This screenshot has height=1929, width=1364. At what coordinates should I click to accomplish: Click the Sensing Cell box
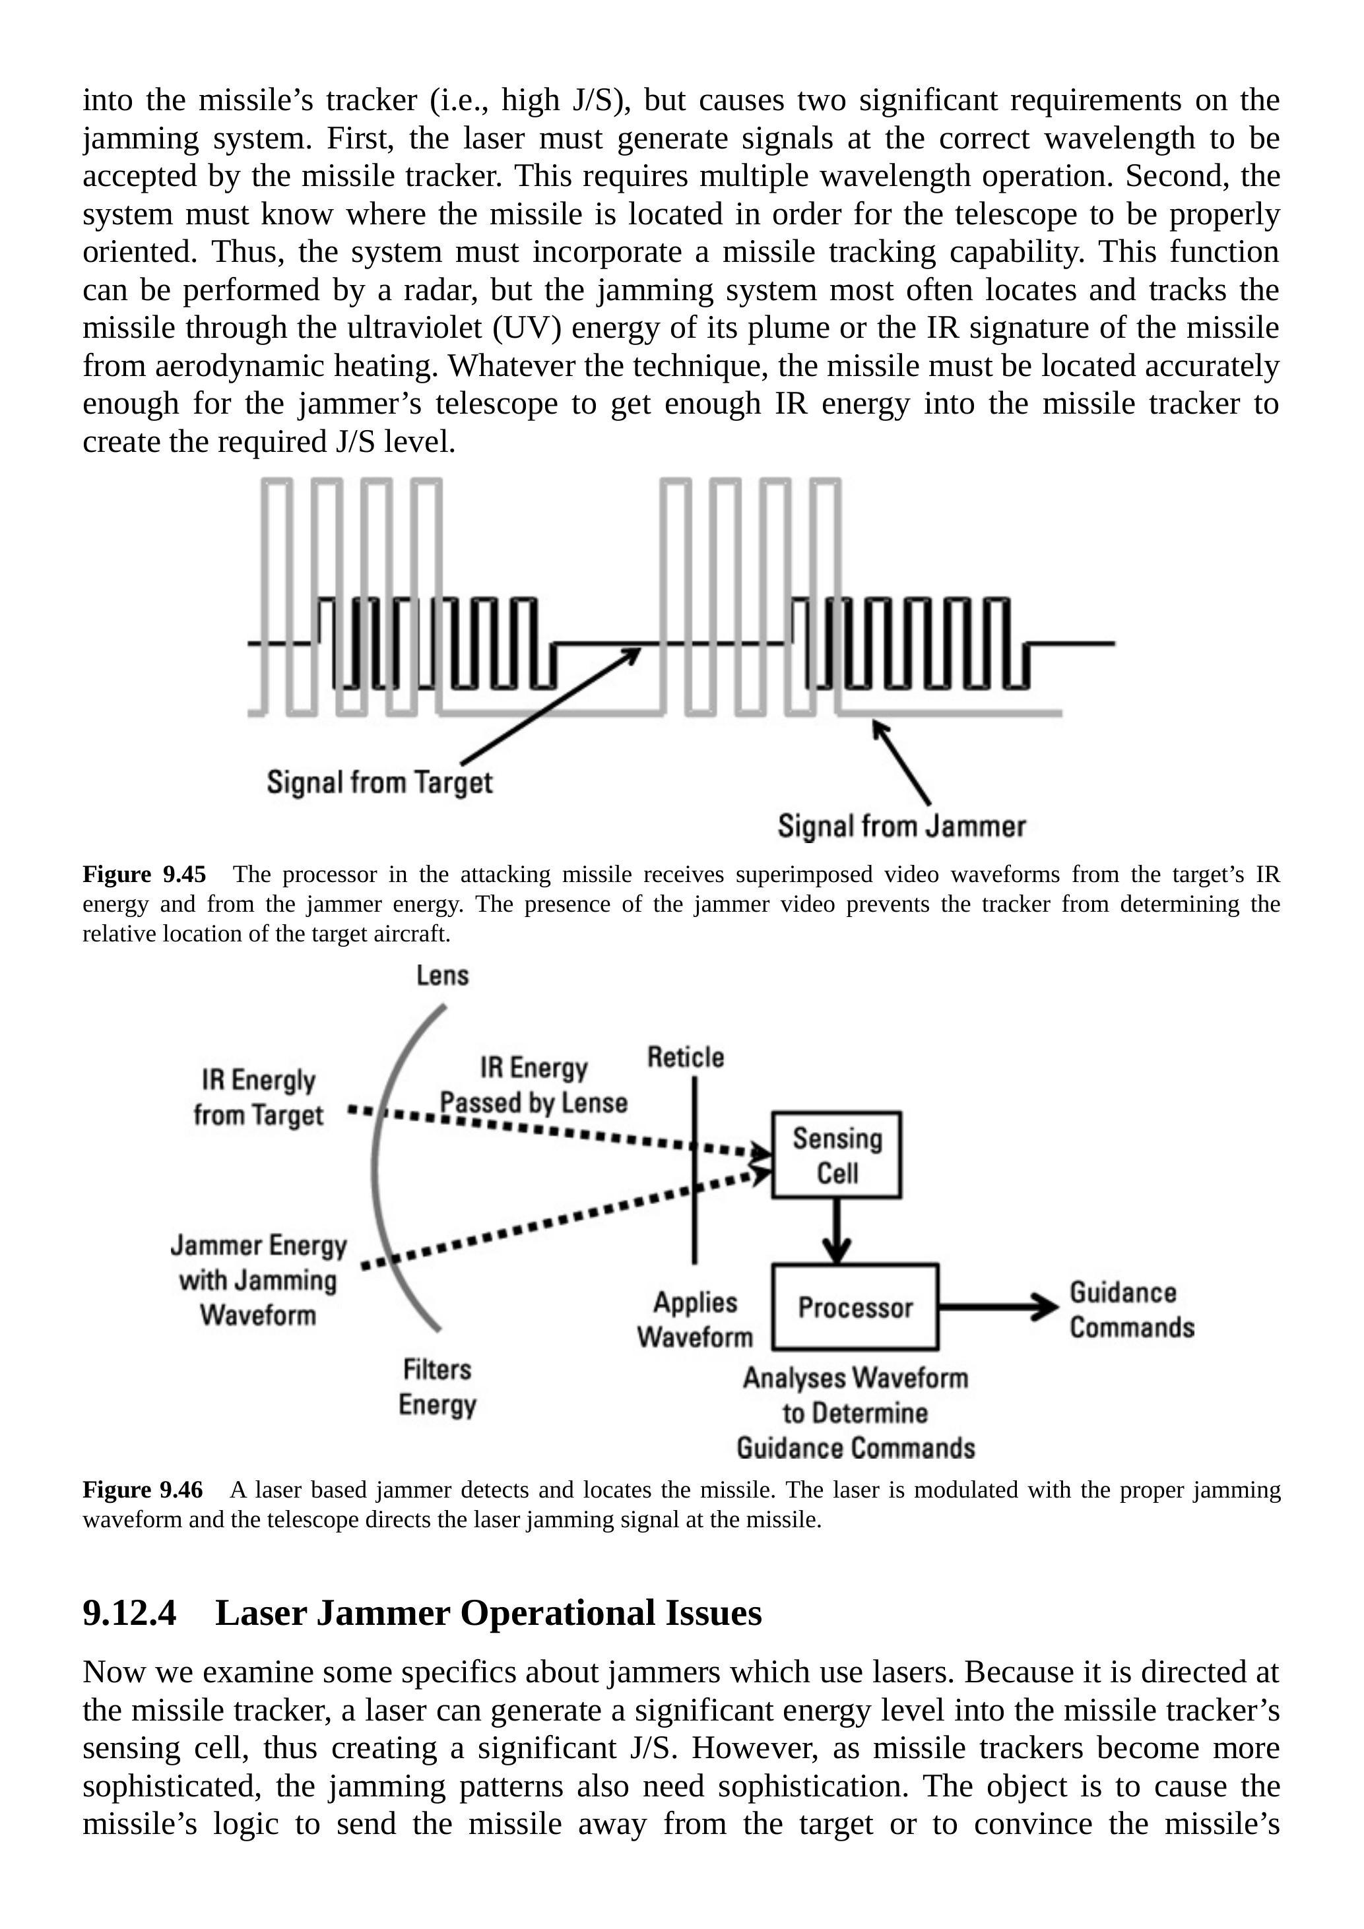click(836, 1154)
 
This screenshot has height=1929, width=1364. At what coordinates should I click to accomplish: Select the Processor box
click(855, 1308)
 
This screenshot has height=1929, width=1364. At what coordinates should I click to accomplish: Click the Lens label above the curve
click(443, 976)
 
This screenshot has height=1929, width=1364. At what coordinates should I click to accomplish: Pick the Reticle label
click(685, 1057)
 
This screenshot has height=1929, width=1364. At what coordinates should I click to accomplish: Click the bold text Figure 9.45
click(144, 875)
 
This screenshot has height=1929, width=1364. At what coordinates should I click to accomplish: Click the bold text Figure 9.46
click(143, 1490)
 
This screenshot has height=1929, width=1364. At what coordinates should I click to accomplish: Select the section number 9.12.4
click(129, 1612)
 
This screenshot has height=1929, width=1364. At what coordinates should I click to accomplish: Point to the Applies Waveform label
click(695, 1319)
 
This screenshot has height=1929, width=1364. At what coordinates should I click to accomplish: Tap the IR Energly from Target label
click(258, 1097)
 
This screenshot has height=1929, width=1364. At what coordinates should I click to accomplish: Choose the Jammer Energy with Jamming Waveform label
click(258, 1280)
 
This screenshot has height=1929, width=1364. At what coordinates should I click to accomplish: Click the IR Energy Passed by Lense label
click(534, 1085)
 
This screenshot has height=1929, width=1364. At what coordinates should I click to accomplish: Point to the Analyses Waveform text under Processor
click(855, 1378)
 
